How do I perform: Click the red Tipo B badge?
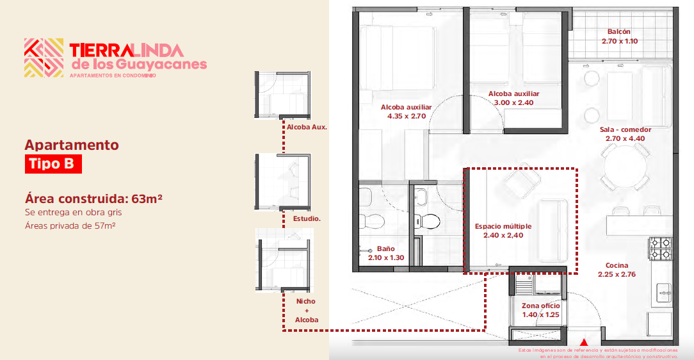point(53,164)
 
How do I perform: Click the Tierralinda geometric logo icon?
point(44,58)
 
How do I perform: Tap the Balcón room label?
point(618,32)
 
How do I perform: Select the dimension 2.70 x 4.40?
point(625,138)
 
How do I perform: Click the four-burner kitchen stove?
point(660,249)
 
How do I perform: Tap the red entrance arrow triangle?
point(584,342)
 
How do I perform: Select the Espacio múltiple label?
point(503,226)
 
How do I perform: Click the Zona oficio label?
point(540,306)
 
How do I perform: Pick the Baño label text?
point(385,249)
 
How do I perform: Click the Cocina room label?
point(617,265)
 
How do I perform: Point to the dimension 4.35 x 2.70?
point(407,116)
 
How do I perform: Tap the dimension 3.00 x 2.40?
point(514,102)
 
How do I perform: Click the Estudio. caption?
point(307,218)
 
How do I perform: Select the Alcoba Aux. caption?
point(307,127)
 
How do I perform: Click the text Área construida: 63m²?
point(93,199)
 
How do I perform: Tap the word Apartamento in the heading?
point(72,145)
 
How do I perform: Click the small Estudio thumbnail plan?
point(283,182)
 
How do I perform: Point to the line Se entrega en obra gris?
point(73,212)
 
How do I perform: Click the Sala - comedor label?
point(625,130)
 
